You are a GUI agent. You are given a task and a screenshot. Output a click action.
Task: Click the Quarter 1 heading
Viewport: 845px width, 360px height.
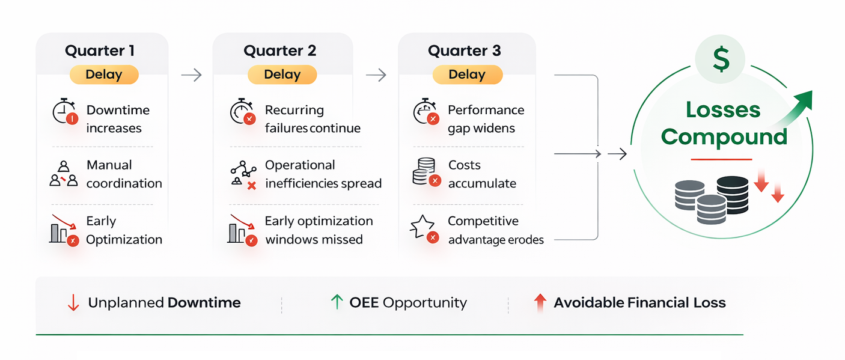click(100, 50)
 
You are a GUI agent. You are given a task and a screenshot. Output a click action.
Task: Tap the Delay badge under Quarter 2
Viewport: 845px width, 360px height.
click(282, 75)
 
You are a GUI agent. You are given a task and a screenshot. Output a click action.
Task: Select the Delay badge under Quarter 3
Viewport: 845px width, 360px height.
click(467, 75)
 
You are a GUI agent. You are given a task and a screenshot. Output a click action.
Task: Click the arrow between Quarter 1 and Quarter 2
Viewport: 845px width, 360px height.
click(191, 75)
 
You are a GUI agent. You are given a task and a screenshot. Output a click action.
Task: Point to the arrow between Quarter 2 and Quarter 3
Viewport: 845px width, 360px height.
click(376, 75)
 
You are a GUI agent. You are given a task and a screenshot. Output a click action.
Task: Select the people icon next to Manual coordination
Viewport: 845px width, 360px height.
click(64, 174)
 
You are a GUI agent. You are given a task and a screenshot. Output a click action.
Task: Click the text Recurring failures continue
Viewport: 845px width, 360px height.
click(312, 119)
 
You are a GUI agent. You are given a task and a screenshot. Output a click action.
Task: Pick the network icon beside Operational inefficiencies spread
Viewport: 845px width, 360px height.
click(243, 175)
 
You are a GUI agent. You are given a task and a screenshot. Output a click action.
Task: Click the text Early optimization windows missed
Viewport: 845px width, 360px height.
click(319, 230)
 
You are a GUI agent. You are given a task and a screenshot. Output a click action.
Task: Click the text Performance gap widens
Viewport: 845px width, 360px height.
click(486, 119)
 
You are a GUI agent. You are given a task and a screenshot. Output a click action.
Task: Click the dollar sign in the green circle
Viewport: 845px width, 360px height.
click(721, 59)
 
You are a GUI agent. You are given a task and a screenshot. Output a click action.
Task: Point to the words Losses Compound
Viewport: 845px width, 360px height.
click(724, 123)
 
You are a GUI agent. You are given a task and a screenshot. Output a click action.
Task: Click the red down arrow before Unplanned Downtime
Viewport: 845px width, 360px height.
click(73, 303)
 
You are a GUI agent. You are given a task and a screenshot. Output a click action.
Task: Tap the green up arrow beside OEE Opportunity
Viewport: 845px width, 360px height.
click(337, 302)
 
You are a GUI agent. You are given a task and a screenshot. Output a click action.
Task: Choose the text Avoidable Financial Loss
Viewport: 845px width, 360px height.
click(639, 303)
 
